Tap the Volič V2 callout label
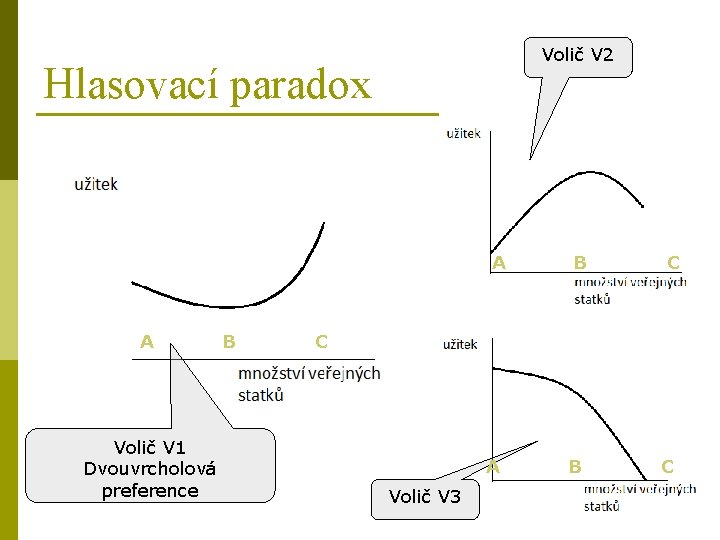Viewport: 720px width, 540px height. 577,55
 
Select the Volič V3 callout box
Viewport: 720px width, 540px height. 425,496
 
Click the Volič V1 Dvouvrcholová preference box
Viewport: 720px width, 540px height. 150,468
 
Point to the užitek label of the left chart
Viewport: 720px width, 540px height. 96,183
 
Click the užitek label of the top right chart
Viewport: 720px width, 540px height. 463,132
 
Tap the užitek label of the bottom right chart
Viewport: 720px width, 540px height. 460,345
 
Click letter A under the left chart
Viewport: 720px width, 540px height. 147,342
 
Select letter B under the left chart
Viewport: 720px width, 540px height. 229,342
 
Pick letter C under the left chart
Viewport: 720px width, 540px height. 321,342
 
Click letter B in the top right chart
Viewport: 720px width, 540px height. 580,263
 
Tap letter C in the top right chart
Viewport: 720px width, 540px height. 674,263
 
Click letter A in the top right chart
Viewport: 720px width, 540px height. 499,263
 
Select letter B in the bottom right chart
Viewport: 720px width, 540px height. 575,466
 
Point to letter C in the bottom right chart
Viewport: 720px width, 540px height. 667,466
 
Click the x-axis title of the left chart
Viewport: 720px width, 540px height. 309,383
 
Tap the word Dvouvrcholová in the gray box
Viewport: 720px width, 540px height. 150,468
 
